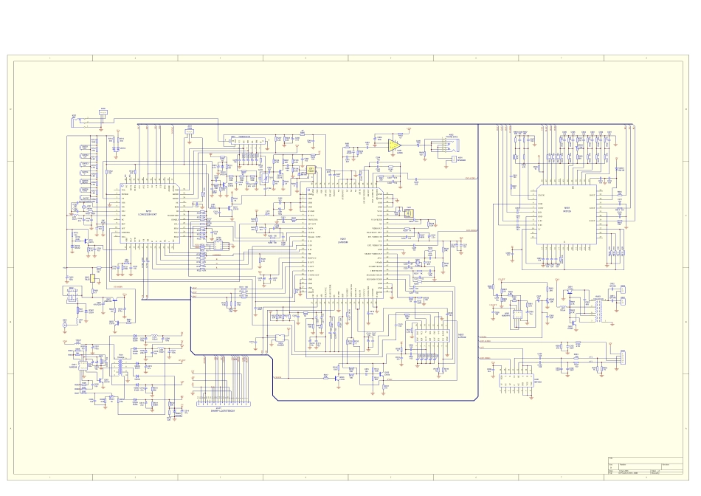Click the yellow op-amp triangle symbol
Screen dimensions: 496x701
point(394,145)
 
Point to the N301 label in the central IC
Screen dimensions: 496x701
point(343,238)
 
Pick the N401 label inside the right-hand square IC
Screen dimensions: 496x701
point(567,208)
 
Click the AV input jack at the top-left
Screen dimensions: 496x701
point(94,117)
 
